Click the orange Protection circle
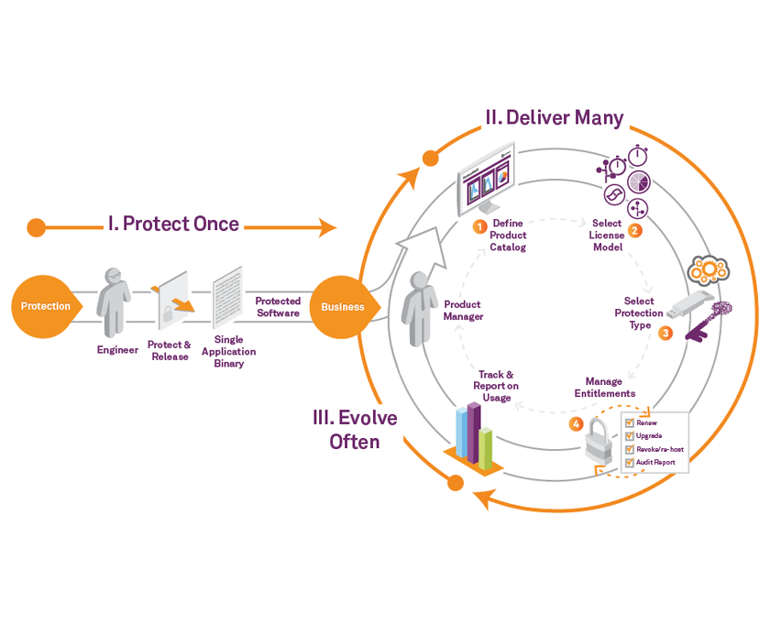(45, 306)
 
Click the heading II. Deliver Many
(554, 118)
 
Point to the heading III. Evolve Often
(355, 430)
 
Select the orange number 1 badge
(478, 225)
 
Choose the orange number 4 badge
(575, 424)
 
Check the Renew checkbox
(629, 424)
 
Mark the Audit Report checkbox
(629, 463)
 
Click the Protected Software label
(278, 307)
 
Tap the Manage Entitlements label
(604, 388)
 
